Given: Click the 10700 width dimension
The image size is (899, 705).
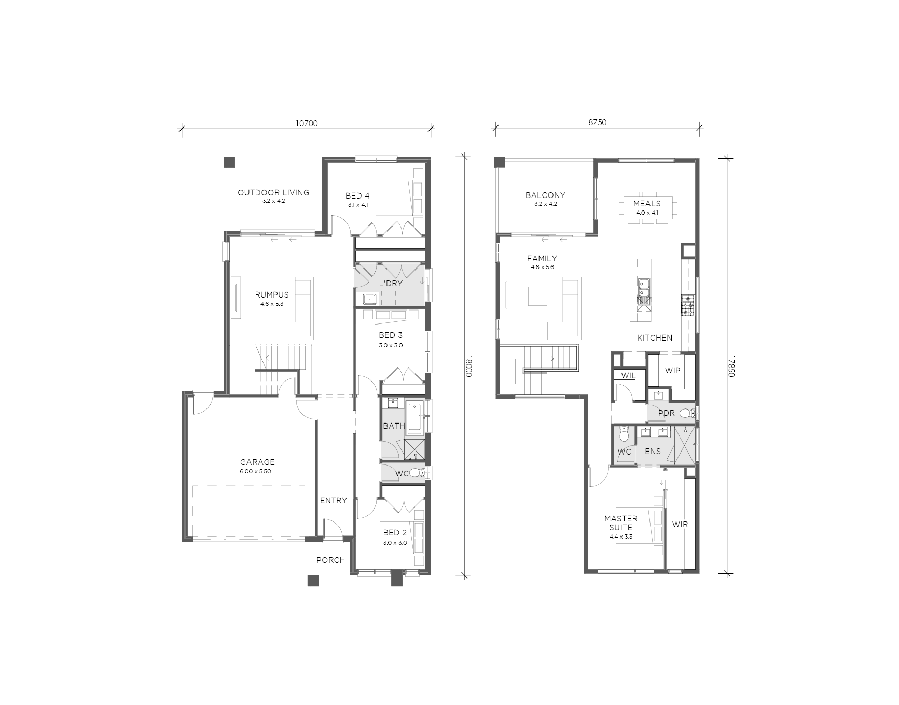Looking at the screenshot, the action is [307, 123].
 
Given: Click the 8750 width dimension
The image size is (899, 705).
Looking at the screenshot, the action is [597, 123].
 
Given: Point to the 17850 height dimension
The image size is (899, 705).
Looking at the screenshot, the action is [731, 366].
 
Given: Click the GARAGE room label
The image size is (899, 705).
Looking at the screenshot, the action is [257, 462].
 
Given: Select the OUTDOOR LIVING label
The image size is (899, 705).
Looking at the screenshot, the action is [273, 192].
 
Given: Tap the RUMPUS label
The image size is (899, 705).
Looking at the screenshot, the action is [272, 294].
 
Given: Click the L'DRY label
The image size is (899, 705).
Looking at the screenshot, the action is [391, 284].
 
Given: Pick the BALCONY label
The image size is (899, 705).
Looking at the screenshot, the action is [545, 195].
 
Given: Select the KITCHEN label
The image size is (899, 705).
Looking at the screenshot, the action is [655, 337].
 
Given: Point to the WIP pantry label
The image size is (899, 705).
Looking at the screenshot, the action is [672, 371].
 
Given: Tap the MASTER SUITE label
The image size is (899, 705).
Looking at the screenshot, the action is [621, 523].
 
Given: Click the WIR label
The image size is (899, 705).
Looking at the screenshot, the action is [680, 525].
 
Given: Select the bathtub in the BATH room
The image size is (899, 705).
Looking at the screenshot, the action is [415, 418].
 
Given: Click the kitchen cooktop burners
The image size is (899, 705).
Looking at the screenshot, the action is [688, 305].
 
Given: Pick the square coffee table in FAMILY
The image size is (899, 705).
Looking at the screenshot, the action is [537, 297].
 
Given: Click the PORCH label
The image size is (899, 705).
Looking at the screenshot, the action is [330, 560].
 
